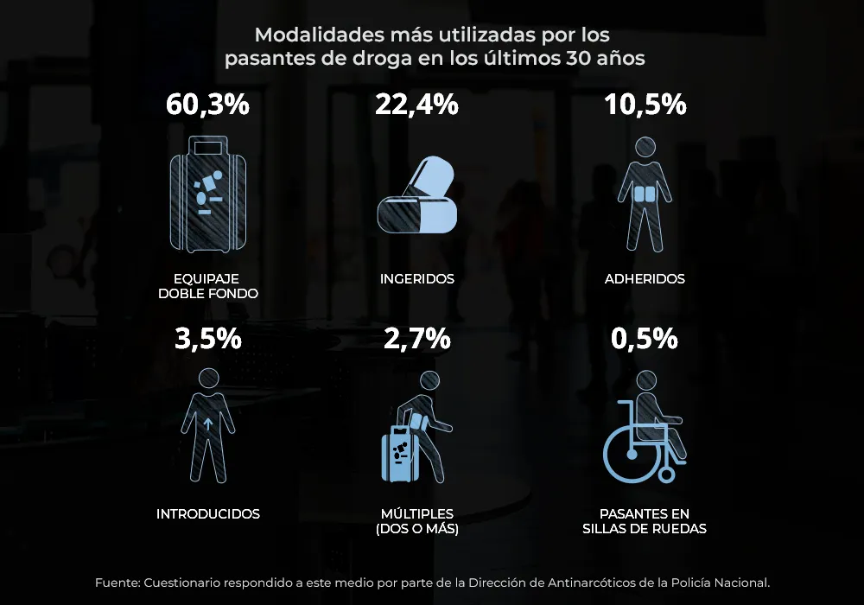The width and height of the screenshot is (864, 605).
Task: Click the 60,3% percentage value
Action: (207, 105)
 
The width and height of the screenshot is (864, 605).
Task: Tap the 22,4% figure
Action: (416, 105)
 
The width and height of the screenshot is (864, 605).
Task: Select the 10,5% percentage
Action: (645, 105)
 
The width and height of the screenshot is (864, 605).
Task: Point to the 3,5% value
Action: (207, 338)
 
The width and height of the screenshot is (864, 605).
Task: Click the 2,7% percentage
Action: (416, 338)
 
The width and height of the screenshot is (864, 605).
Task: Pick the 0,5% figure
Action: (645, 338)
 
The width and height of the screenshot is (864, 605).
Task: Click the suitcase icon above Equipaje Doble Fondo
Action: (207, 194)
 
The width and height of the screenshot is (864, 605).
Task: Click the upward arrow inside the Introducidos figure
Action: (208, 424)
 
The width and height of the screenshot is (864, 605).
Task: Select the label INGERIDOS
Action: (416, 279)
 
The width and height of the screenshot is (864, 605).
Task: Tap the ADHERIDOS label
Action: (645, 279)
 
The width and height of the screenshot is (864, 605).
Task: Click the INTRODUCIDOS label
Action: (207, 513)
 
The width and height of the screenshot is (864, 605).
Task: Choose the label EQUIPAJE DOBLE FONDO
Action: (207, 286)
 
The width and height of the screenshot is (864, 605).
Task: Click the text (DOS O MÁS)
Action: (416, 529)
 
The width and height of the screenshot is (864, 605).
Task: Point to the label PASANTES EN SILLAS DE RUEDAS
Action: (645, 521)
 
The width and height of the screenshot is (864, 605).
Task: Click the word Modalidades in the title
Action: (306, 35)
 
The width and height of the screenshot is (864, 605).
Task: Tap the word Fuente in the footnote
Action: (116, 583)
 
